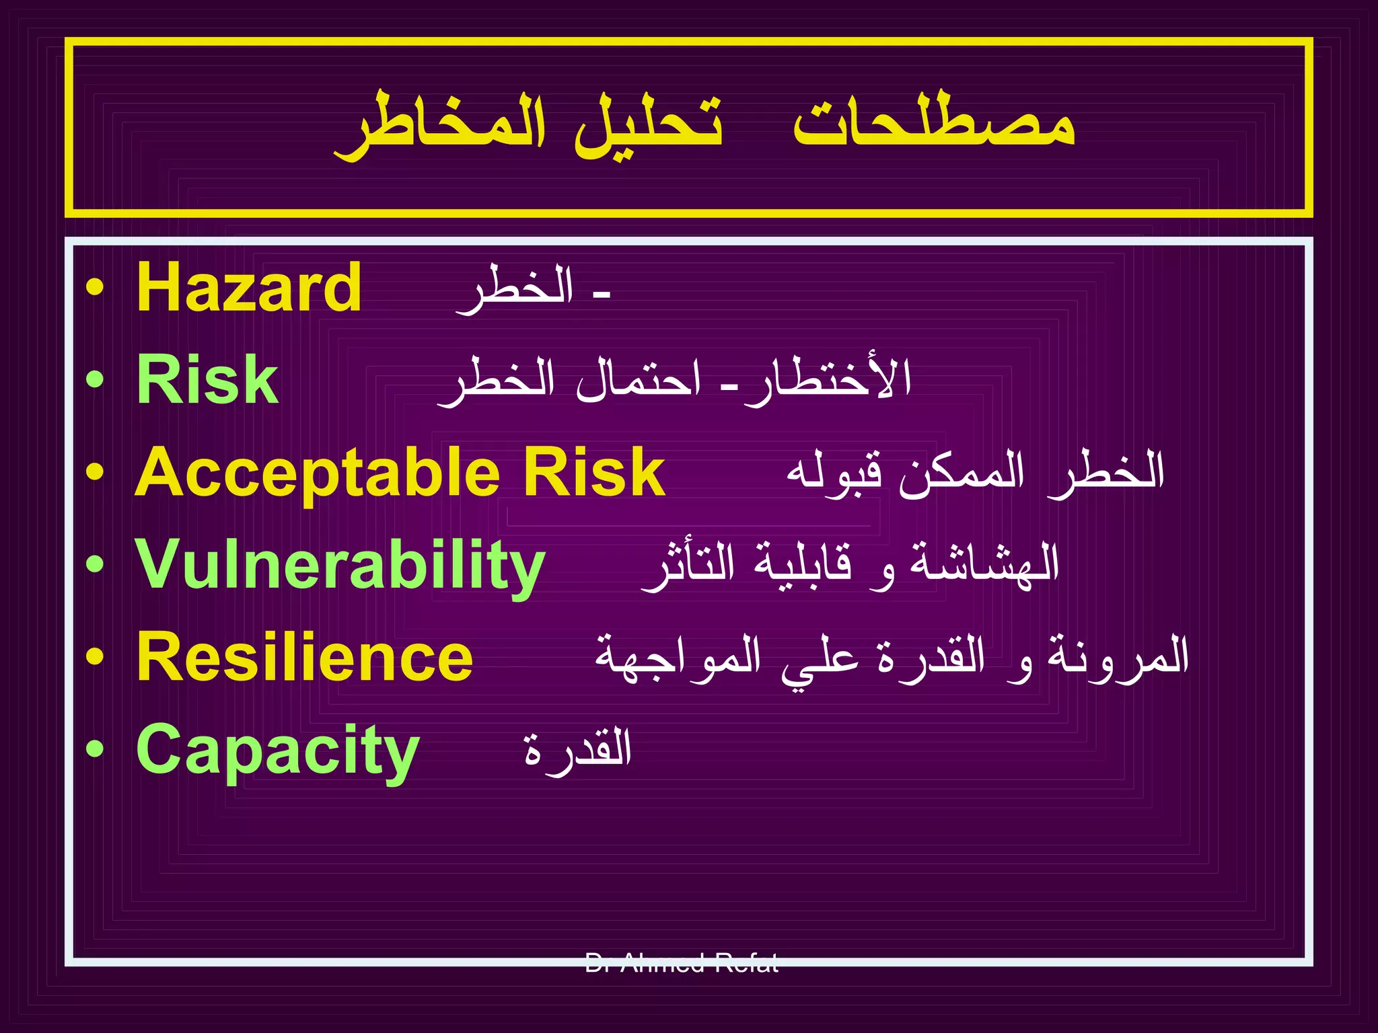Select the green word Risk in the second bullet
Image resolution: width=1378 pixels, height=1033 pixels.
pyautogui.click(x=207, y=380)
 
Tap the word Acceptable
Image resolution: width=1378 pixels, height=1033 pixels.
pyautogui.click(x=317, y=473)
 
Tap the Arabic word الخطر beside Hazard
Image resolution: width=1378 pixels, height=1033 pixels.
pyautogui.click(x=515, y=289)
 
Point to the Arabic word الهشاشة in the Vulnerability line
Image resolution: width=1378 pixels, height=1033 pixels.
pyautogui.click(x=985, y=564)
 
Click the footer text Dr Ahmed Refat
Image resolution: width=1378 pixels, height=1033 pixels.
pyautogui.click(x=682, y=963)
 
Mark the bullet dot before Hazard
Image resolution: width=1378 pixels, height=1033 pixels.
pyautogui.click(x=95, y=289)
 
